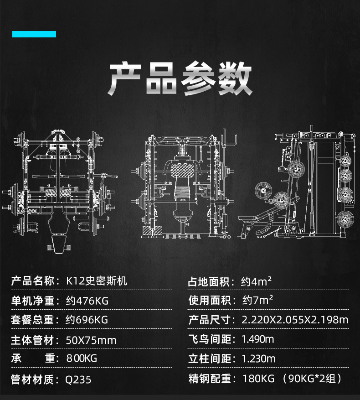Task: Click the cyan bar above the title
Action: (34, 34)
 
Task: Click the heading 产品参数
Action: (180, 79)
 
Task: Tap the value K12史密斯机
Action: (97, 281)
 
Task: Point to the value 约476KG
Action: (87, 301)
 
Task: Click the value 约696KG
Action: (87, 320)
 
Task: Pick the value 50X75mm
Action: (91, 340)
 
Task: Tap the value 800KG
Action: (82, 358)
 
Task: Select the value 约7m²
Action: (257, 300)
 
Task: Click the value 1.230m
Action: (258, 358)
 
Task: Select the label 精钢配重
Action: (210, 379)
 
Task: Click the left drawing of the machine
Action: (59, 187)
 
